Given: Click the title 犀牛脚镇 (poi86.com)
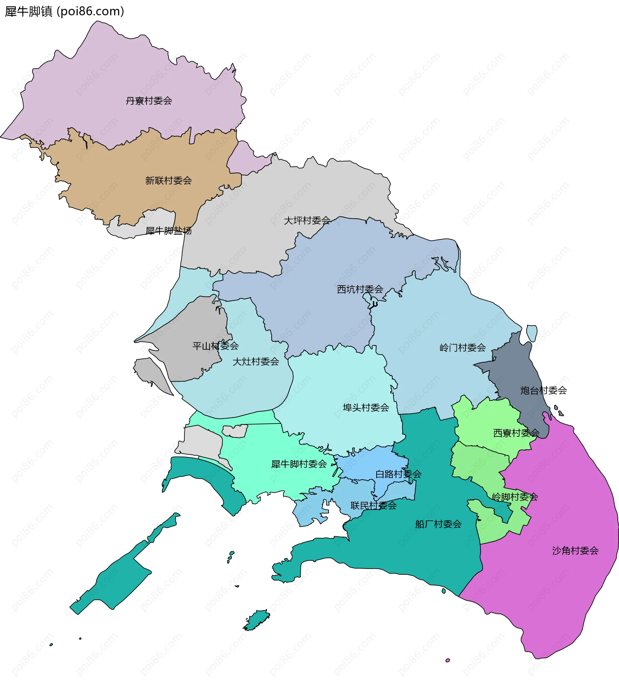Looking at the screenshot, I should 64,12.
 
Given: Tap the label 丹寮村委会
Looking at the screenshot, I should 149,101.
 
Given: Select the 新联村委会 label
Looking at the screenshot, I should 168,181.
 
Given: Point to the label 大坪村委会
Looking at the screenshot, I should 307,220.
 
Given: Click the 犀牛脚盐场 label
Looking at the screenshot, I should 168,231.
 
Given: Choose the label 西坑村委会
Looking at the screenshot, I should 360,289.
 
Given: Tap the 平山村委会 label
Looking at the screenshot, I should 215,346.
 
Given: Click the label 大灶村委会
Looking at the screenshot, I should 255,362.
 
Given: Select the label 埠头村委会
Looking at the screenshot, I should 366,407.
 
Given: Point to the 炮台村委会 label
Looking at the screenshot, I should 544,391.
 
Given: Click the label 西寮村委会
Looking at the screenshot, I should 516,433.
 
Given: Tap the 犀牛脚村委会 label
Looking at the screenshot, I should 299,464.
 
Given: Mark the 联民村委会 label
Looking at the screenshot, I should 373,506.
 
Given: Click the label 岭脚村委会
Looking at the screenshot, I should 515,497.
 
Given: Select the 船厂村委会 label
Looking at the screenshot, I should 438,524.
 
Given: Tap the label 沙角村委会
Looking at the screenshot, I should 575,551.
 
